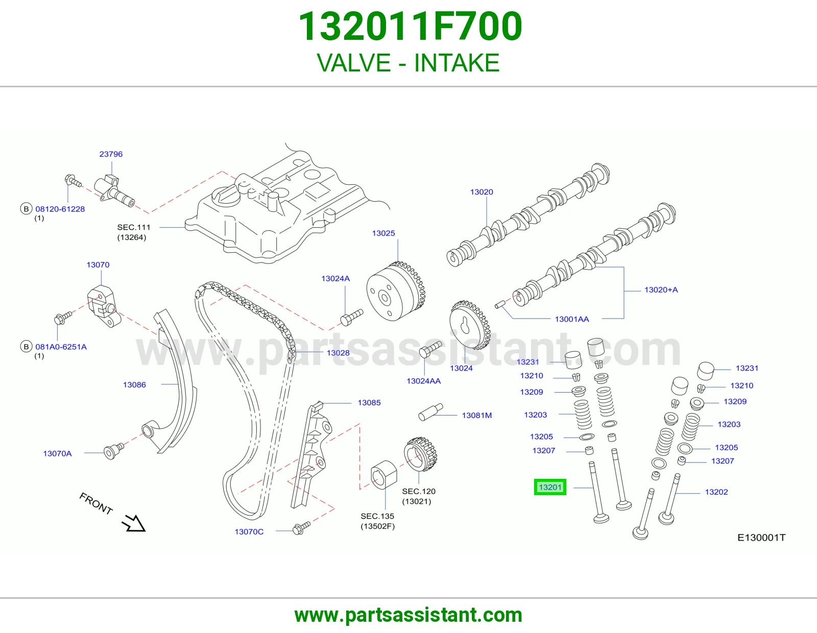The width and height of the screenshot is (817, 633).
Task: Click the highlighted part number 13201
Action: [x=549, y=487]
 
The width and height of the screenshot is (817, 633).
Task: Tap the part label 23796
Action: [x=111, y=154]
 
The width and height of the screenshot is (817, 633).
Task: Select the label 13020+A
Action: [x=661, y=290]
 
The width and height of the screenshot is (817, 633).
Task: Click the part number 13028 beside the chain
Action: [x=338, y=353]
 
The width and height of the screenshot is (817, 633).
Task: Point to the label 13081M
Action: [x=477, y=416]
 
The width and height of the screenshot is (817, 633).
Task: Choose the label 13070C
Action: [x=249, y=531]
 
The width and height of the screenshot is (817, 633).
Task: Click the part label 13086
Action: [x=134, y=384]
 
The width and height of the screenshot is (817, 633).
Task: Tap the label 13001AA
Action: [x=572, y=319]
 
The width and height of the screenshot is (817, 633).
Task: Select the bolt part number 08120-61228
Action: [x=60, y=209]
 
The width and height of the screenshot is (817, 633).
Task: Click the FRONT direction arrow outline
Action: [x=134, y=523]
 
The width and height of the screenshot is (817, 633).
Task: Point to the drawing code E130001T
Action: [x=761, y=538]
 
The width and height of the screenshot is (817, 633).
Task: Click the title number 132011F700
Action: [x=410, y=27]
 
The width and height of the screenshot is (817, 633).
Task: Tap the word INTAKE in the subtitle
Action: [x=456, y=63]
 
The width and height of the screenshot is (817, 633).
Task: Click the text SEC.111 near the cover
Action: [x=133, y=227]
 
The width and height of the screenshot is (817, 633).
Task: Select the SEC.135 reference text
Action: [x=377, y=516]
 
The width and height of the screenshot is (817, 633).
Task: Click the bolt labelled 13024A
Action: [x=352, y=317]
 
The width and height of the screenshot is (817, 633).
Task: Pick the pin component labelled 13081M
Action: [x=431, y=412]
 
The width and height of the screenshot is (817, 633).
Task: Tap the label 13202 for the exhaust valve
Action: [x=716, y=492]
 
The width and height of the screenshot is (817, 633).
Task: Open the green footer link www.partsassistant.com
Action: [x=408, y=615]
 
